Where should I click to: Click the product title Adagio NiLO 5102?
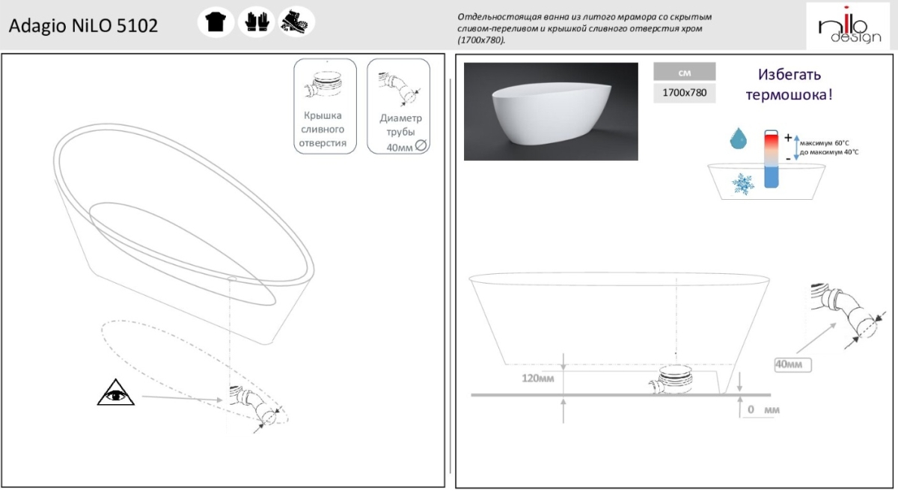[83, 25]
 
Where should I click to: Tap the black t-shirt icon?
[216, 22]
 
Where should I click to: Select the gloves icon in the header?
[257, 22]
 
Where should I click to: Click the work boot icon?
[296, 22]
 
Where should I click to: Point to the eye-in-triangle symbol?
[116, 392]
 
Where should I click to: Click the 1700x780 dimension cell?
[684, 93]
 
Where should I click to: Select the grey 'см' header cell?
[684, 72]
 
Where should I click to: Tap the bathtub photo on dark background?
[551, 112]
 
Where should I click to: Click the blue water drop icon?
[738, 138]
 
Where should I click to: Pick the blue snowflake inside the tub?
[742, 184]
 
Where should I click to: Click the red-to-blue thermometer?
[772, 159]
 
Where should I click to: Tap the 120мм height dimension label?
[537, 379]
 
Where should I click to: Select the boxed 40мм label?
[792, 365]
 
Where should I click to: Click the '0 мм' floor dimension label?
[763, 409]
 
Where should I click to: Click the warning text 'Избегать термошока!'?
[789, 85]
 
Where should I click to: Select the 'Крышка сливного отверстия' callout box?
[325, 106]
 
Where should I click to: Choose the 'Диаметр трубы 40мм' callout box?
[398, 106]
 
